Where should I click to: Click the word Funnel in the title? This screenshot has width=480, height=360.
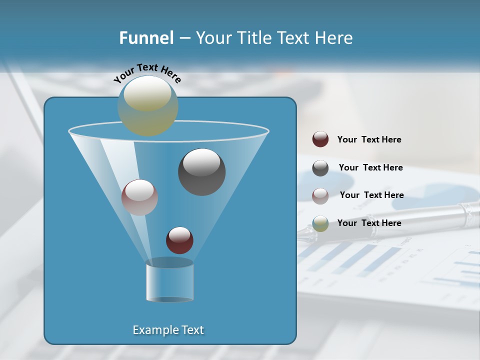click(x=146, y=37)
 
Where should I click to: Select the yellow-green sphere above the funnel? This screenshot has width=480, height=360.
click(x=148, y=105)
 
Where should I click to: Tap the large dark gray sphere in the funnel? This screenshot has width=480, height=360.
click(x=201, y=172)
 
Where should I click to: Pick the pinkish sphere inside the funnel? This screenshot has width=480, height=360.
click(x=139, y=197)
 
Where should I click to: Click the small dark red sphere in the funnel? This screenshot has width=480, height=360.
click(x=179, y=240)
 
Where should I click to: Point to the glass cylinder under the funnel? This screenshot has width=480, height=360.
click(x=169, y=282)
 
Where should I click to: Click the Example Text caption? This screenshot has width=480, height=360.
click(x=168, y=330)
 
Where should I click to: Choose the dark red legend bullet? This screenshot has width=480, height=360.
click(x=320, y=139)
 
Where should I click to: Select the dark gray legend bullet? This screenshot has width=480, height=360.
click(x=320, y=167)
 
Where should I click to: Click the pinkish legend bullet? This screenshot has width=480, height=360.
click(x=320, y=195)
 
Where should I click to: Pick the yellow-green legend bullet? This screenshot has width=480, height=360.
click(x=320, y=223)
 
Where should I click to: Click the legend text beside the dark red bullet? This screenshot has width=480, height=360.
click(x=369, y=139)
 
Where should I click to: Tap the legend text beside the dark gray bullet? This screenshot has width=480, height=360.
click(x=370, y=167)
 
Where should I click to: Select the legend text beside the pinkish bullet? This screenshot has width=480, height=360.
click(x=371, y=195)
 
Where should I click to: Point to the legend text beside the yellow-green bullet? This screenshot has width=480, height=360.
click(x=369, y=223)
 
